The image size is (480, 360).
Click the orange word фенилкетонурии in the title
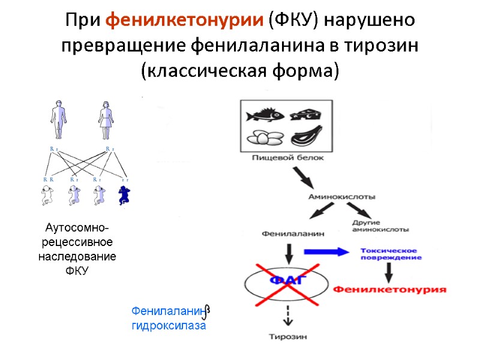coord(184,19)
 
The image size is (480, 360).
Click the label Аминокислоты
coord(342,196)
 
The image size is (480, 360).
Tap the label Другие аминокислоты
coord(381,226)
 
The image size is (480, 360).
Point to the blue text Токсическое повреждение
coord(391,254)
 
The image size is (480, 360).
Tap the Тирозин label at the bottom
coord(288,337)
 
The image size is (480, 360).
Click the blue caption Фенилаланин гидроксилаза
coord(169,319)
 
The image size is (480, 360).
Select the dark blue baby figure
coord(125,196)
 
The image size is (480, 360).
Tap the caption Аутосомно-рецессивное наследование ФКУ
coord(77,250)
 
